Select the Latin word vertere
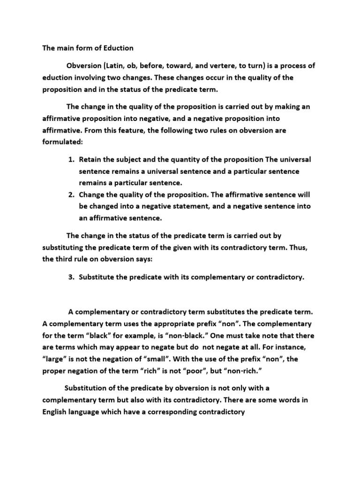tap(230, 66)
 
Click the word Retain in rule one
tap(91, 160)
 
